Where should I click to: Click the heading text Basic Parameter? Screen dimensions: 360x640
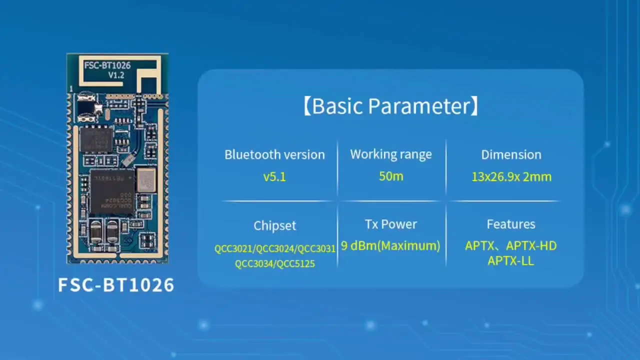[390, 106]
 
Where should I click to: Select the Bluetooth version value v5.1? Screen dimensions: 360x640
[274, 176]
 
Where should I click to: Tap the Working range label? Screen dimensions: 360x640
[391, 154]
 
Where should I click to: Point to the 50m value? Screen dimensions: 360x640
[391, 176]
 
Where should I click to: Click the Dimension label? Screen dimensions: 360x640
[511, 154]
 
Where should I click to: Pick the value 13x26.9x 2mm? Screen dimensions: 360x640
[511, 176]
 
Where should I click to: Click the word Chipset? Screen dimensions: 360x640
[274, 225]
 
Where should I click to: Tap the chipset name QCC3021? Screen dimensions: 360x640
[234, 248]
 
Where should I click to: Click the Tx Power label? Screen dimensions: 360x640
[391, 224]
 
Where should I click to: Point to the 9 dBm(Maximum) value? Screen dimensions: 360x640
[390, 245]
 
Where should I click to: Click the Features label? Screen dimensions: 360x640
[511, 224]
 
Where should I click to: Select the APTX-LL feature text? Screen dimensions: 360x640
[511, 260]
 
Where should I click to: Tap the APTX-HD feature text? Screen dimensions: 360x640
[531, 245]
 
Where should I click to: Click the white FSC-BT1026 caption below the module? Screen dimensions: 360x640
[116, 285]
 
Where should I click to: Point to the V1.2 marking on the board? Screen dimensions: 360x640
[116, 75]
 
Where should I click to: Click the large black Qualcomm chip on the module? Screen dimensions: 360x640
[112, 191]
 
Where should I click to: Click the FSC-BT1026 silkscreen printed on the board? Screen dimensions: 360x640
[107, 65]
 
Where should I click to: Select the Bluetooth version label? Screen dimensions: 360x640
[274, 154]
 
